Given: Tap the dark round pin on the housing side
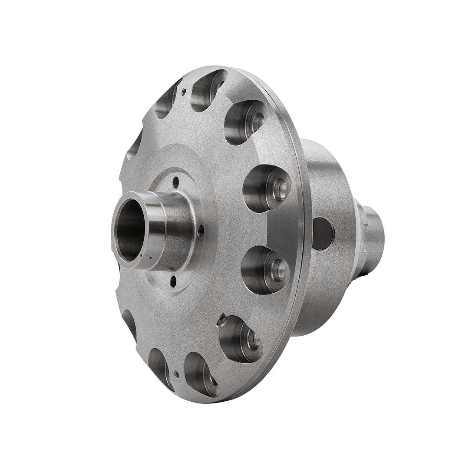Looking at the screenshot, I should pyautogui.click(x=323, y=233).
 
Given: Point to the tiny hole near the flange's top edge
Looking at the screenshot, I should pyautogui.click(x=184, y=92).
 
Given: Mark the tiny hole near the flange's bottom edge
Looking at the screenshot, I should pyautogui.click(x=176, y=373).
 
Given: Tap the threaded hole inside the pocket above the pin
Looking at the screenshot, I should pyautogui.click(x=280, y=189).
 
